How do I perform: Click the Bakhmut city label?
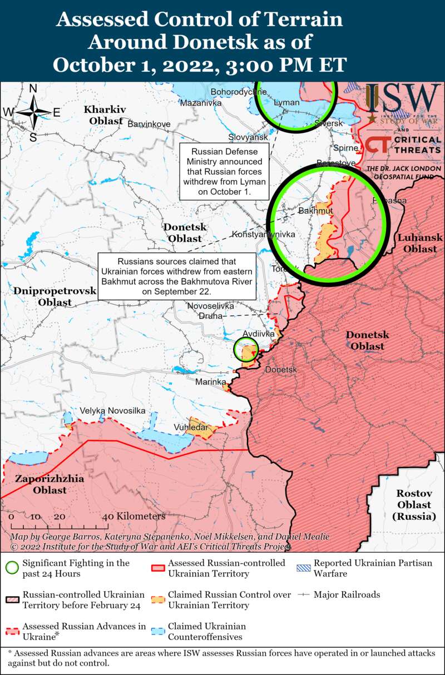[315, 211]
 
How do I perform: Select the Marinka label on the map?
[210, 382]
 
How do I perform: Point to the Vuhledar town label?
[190, 427]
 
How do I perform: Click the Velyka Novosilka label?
[112, 410]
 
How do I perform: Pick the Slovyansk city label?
[248, 137]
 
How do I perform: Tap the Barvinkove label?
[149, 123]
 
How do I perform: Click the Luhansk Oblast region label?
[420, 243]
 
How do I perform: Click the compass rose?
[33, 112]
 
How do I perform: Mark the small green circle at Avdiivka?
[245, 350]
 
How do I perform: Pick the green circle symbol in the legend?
[11, 568]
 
